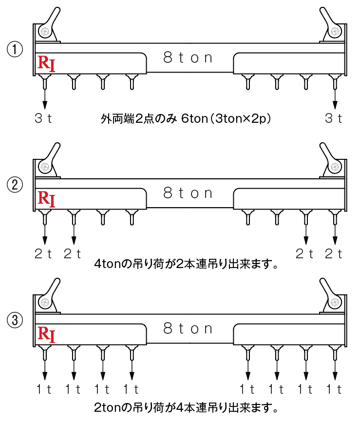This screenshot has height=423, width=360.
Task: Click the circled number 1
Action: pyautogui.click(x=15, y=49)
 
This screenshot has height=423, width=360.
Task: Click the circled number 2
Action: pyautogui.click(x=15, y=185)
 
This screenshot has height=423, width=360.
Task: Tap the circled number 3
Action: pyautogui.click(x=15, y=320)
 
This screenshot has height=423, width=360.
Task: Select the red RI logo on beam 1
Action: pyautogui.click(x=46, y=63)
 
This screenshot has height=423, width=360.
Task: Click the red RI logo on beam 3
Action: pyautogui.click(x=46, y=334)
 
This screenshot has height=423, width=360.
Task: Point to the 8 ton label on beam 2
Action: pyautogui.click(x=188, y=193)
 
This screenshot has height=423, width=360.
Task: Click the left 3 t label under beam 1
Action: pyautogui.click(x=43, y=118)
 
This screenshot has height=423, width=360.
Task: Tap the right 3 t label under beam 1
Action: pyautogui.click(x=334, y=118)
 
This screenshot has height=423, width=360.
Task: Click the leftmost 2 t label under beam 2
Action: pyautogui.click(x=43, y=254)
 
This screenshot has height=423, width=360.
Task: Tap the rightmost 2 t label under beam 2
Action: pyautogui.click(x=334, y=254)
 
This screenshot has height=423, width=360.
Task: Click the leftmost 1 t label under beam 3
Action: pyautogui.click(x=44, y=389)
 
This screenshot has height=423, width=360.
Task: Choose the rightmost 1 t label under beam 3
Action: pyautogui.click(x=334, y=389)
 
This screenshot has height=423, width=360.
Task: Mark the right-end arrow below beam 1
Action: pyautogui.click(x=335, y=99)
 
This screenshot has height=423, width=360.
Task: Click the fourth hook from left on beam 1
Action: pyautogui.click(x=132, y=81)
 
